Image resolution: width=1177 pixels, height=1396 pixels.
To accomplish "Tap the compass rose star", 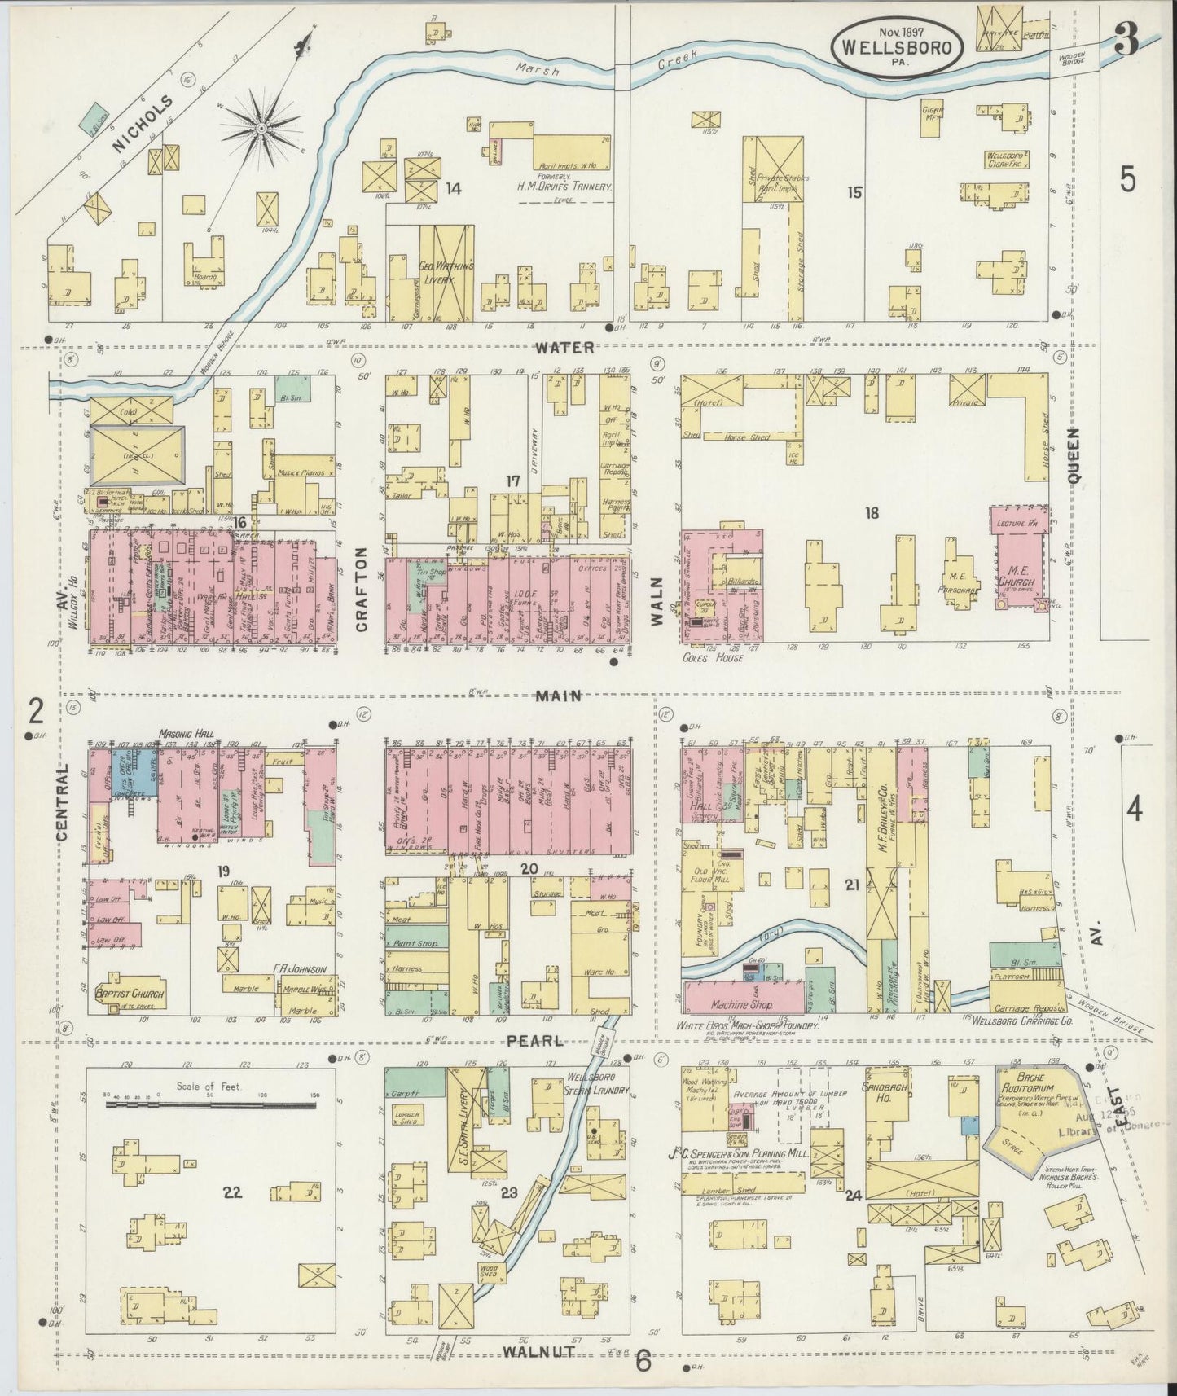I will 261,128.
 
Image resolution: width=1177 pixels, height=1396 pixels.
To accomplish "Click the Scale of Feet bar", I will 209,1104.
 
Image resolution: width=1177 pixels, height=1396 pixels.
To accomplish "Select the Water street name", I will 565,348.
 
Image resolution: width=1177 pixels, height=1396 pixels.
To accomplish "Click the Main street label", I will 558,696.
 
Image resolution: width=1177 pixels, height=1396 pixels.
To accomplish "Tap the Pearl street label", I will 534,1041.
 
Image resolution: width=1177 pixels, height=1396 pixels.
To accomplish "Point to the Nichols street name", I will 143,124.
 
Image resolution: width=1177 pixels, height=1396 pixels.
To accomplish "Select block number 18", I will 872,512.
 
